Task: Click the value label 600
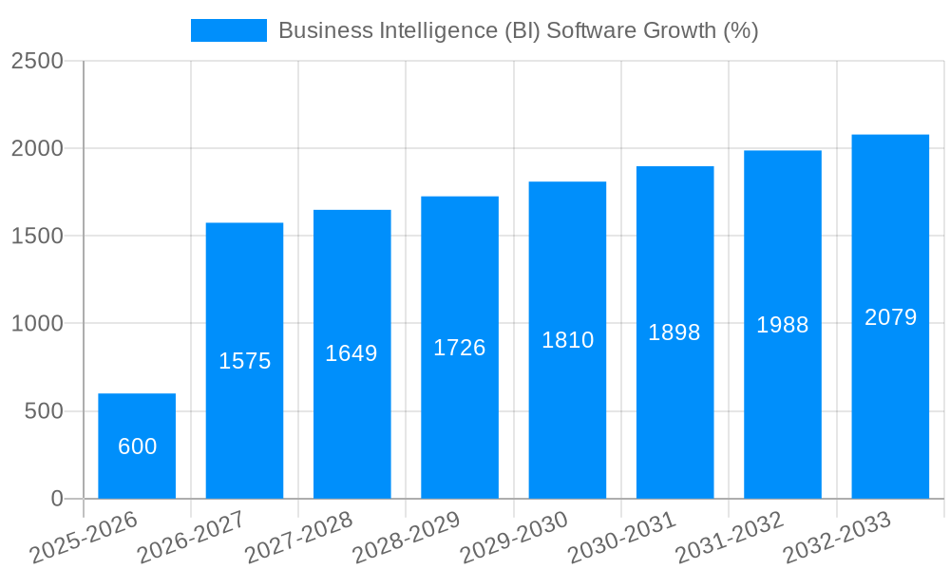pos(138,446)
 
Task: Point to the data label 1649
pos(351,353)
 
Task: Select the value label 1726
pos(460,348)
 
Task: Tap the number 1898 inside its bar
pos(674,332)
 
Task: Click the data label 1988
pos(783,325)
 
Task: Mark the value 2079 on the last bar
pos(891,317)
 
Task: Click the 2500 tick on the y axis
pos(37,61)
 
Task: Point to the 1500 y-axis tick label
pos(37,237)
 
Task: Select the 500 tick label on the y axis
pos(46,411)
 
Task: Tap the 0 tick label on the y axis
pos(56,499)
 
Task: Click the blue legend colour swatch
pos(229,30)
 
